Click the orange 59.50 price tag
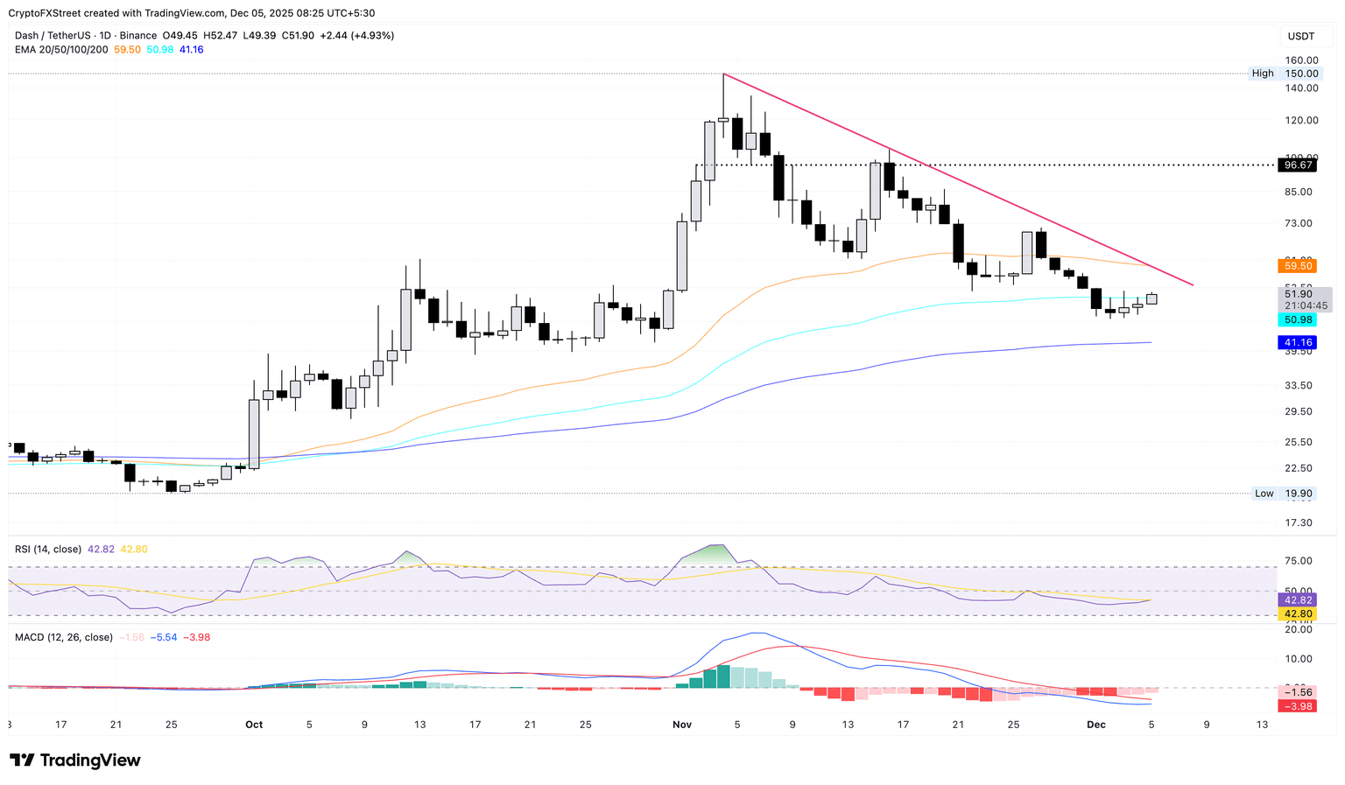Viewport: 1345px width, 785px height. click(x=1296, y=265)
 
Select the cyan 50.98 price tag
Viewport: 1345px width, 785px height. click(x=1296, y=320)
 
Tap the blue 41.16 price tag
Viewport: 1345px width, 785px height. click(x=1296, y=342)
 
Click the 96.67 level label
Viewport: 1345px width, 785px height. click(x=1296, y=165)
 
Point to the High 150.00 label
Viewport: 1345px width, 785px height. click(x=1284, y=74)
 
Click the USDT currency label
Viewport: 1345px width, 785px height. click(x=1300, y=36)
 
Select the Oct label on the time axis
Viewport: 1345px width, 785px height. click(x=254, y=725)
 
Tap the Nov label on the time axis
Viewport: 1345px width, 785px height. click(x=682, y=725)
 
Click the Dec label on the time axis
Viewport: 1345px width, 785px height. click(x=1095, y=725)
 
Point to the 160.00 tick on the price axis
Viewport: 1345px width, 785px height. click(x=1301, y=60)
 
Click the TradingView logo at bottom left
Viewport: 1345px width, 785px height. click(x=75, y=760)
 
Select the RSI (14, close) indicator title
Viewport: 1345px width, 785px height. click(x=47, y=550)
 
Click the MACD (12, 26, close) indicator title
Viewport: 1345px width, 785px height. click(x=63, y=637)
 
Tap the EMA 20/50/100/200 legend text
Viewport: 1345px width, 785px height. click(x=61, y=50)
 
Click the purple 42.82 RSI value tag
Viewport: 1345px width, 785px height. click(x=1296, y=600)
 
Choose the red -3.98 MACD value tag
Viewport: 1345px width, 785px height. click(x=1296, y=706)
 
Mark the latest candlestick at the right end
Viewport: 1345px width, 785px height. click(x=1151, y=299)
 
